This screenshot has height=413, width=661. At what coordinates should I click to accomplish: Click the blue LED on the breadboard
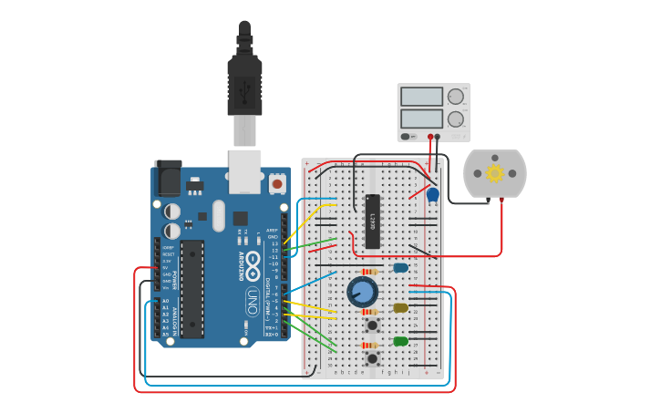(x=400, y=268)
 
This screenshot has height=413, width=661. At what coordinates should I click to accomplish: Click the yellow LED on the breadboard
(x=400, y=308)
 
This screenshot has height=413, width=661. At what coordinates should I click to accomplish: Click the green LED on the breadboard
(x=400, y=342)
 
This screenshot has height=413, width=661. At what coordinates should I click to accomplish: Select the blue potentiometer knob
(x=362, y=292)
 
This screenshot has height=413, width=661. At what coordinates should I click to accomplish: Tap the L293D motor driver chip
(x=372, y=221)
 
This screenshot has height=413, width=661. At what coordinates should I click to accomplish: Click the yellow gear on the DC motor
(x=494, y=173)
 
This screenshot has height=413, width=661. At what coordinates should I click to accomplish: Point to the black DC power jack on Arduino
(x=168, y=178)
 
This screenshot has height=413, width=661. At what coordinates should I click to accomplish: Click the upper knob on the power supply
(x=456, y=97)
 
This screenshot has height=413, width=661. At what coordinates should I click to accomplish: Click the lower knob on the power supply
(x=456, y=119)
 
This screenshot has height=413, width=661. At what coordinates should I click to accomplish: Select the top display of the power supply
(x=421, y=97)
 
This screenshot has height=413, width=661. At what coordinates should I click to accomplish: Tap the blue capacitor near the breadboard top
(x=433, y=194)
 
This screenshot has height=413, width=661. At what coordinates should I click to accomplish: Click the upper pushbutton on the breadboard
(x=372, y=325)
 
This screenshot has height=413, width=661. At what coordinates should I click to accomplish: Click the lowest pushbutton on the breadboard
(x=372, y=358)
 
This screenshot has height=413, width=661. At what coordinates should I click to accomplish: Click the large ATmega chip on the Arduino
(x=191, y=288)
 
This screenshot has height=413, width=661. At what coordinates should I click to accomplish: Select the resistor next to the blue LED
(x=369, y=272)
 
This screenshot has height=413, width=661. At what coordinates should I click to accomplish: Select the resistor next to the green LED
(x=369, y=346)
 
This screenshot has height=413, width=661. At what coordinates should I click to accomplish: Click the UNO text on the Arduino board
(x=252, y=300)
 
